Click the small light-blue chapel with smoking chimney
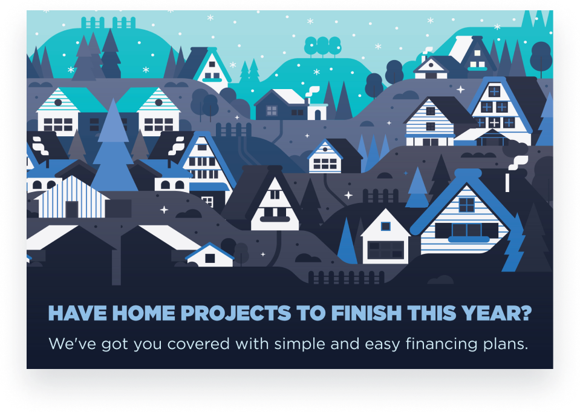point(317,110)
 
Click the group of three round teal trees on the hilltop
point(322,45)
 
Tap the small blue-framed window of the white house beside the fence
point(385,227)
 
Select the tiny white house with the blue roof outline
point(210,255)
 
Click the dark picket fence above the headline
point(346,277)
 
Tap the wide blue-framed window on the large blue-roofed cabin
point(468,230)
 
